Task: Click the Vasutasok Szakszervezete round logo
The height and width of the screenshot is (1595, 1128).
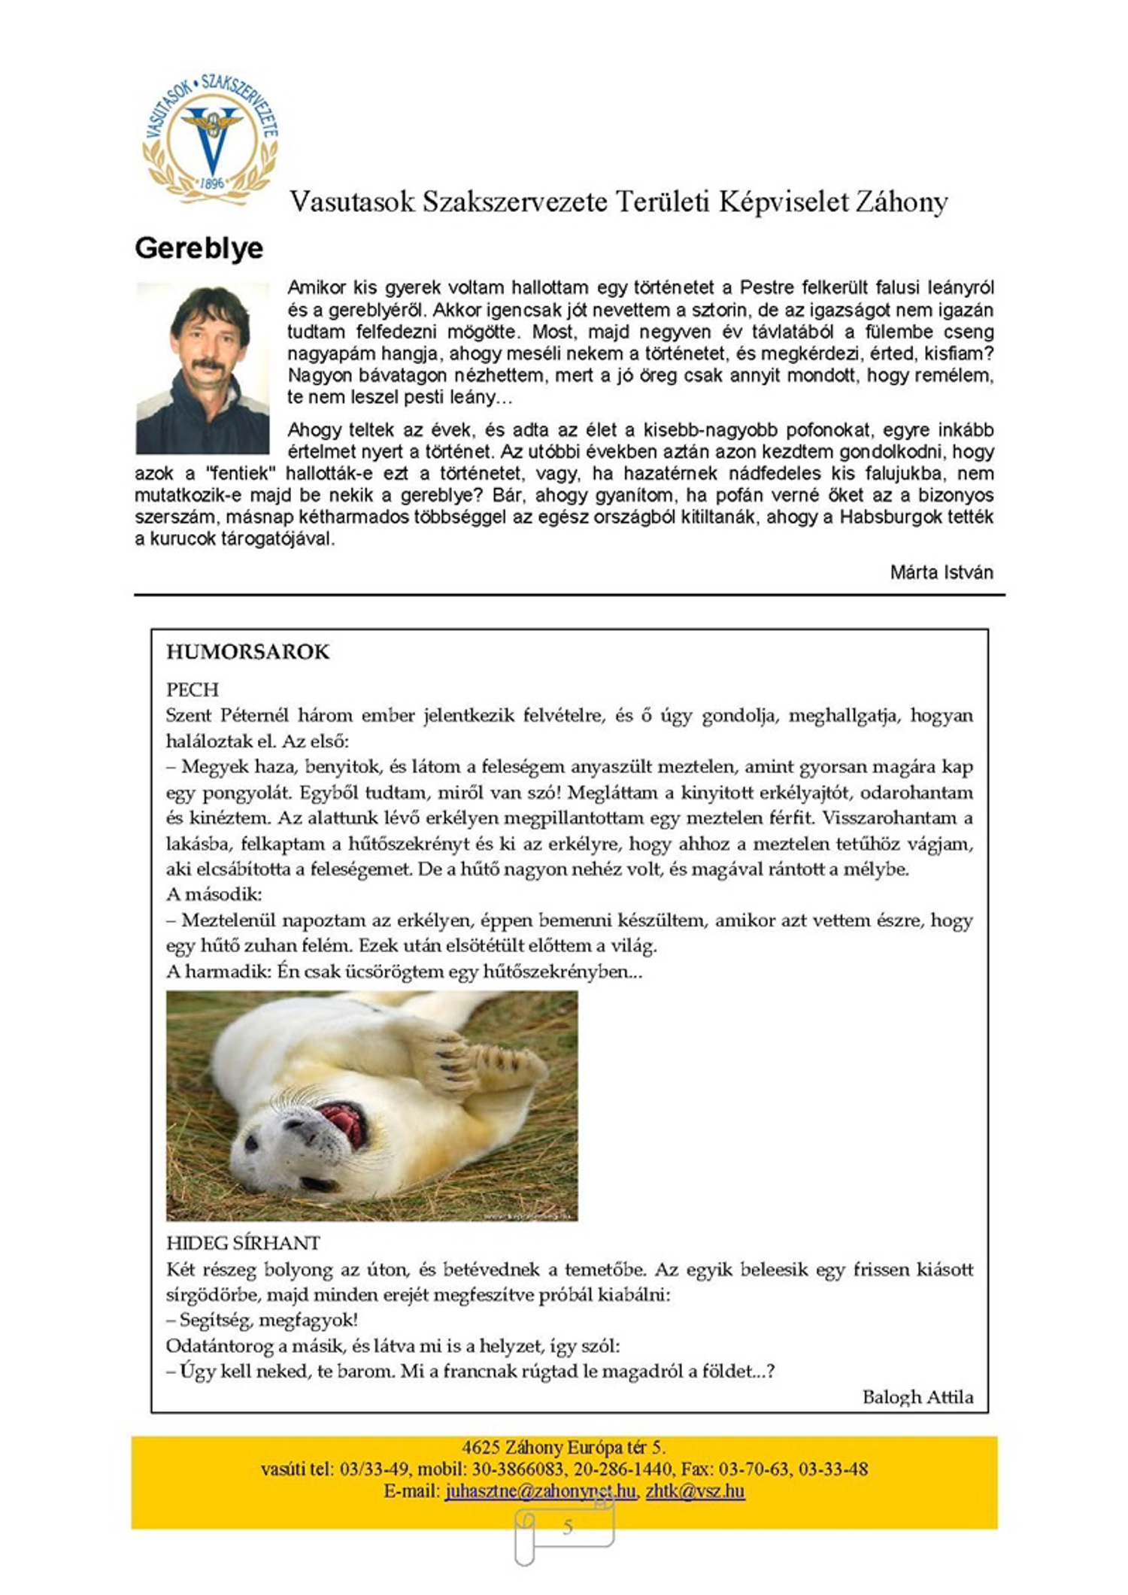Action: (x=211, y=138)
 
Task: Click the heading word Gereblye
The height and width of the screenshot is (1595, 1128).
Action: (x=199, y=248)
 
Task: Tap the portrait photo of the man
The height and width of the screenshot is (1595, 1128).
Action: (x=202, y=368)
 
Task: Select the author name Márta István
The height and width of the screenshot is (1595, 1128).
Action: (x=941, y=572)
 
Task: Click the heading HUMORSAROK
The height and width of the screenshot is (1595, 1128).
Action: (x=247, y=651)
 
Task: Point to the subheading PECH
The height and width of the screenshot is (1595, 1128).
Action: (x=193, y=690)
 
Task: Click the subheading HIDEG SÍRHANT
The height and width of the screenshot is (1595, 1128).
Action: (x=243, y=1243)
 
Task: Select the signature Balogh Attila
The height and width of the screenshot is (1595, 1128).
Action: (x=917, y=1396)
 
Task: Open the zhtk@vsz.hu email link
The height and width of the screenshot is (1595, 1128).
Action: (x=695, y=1490)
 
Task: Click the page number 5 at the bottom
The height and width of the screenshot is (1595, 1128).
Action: (x=567, y=1526)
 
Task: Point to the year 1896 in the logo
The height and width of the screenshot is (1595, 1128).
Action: (x=212, y=183)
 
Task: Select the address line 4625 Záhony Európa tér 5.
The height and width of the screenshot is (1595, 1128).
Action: (x=563, y=1447)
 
